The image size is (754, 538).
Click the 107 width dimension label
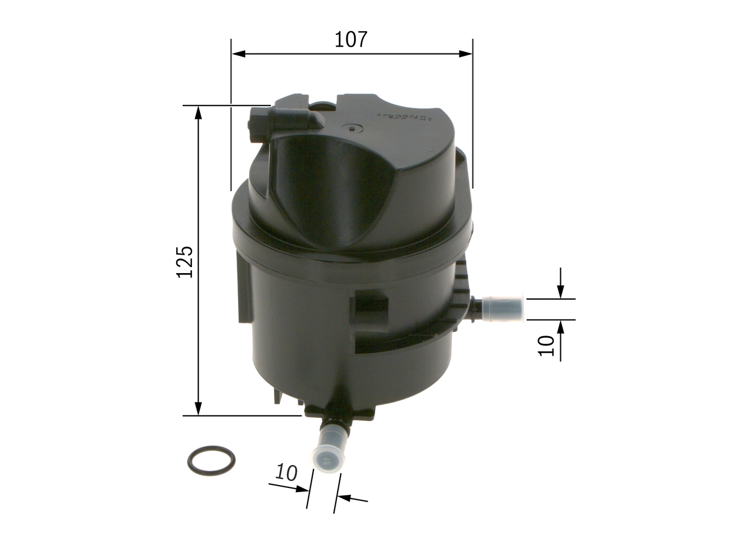tap(350, 39)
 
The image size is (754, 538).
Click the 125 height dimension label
tap(185, 261)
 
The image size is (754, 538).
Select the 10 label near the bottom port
tap(286, 473)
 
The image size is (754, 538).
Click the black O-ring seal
tap(211, 460)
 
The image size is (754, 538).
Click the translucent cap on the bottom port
tap(328, 454)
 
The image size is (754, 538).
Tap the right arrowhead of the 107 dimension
tap(465, 54)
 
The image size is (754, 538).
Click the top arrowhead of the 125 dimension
tap(199, 113)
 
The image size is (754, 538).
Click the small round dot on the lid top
tap(352, 128)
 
